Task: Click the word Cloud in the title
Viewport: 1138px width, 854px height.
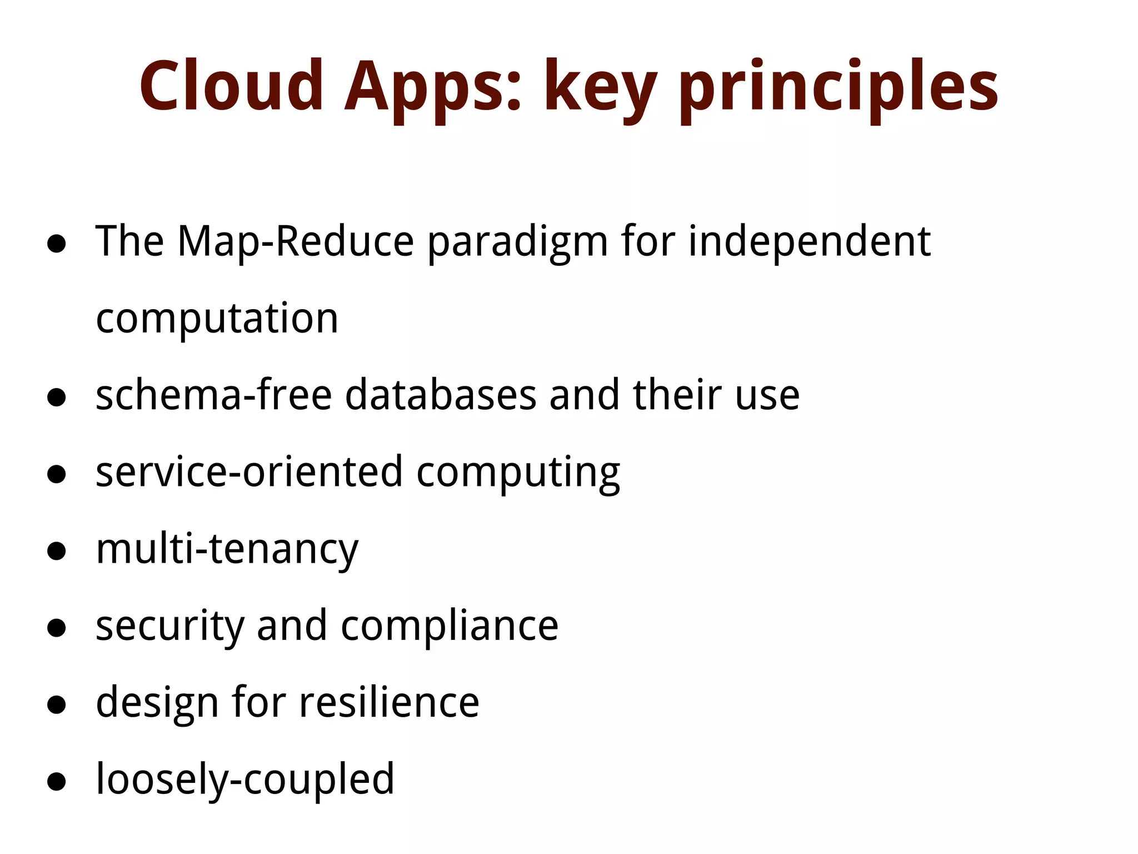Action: click(x=231, y=86)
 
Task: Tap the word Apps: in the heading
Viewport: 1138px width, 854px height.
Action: click(x=433, y=89)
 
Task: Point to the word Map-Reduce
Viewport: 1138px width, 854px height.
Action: click(x=296, y=242)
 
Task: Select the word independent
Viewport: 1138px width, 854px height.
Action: click(x=810, y=242)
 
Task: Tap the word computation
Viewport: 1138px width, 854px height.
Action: click(x=217, y=319)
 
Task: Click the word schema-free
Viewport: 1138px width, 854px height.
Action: click(x=214, y=395)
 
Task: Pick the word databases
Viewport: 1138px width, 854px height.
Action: click(x=441, y=395)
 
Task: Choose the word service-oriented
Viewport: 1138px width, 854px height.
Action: click(x=249, y=472)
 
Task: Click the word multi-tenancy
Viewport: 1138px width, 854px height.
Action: click(x=227, y=550)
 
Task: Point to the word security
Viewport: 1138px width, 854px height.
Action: click(x=170, y=627)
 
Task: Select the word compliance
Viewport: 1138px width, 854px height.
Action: click(x=450, y=627)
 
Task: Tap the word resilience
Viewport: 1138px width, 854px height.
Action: click(x=389, y=703)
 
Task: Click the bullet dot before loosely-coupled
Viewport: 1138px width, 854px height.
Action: click(x=57, y=782)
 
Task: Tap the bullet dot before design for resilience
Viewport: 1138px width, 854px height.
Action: click(x=57, y=705)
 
